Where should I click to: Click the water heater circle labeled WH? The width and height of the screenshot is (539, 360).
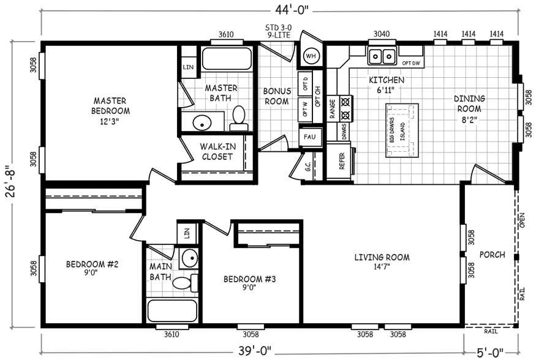tap(311, 55)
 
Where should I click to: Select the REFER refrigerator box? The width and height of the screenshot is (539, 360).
tap(342, 161)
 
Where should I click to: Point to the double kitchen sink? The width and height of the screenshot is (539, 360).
tap(382, 56)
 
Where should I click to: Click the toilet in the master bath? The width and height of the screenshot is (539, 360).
tap(238, 118)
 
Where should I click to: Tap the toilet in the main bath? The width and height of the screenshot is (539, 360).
tap(184, 282)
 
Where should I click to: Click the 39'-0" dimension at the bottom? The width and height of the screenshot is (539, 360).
tap(252, 351)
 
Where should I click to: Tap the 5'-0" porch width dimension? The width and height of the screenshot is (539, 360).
tap(491, 351)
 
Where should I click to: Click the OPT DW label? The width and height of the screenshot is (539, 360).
tap(410, 63)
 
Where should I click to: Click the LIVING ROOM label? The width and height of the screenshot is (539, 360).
tap(382, 257)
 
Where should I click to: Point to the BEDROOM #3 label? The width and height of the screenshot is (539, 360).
tap(250, 280)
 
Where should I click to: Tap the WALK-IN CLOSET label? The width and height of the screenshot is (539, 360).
tap(217, 151)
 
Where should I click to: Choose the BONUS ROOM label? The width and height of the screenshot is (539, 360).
tap(276, 96)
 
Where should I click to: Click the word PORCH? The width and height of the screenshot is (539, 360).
tap(492, 255)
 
